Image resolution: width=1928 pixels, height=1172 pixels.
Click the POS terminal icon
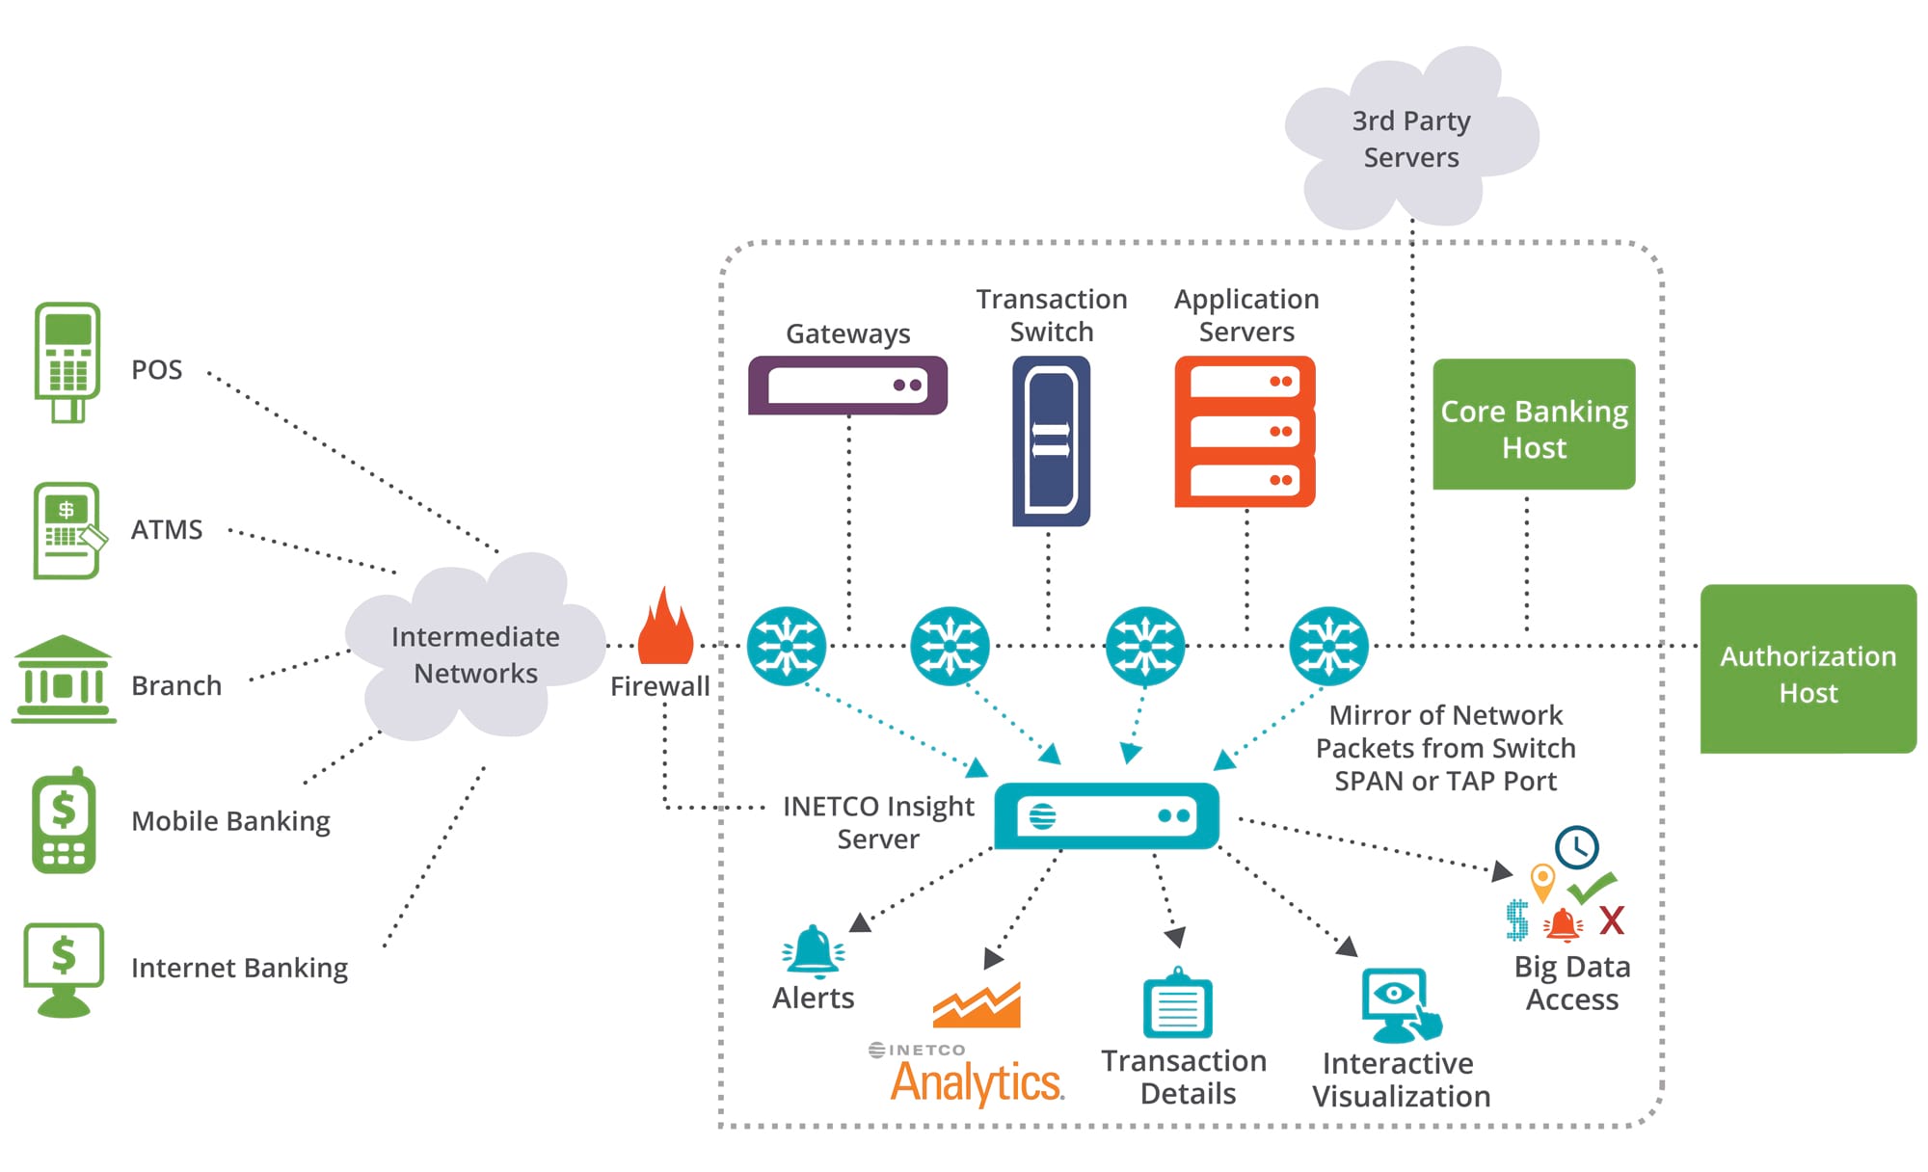67,361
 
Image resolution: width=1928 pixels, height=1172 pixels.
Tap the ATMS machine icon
67,530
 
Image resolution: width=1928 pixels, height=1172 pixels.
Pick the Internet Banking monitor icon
64,968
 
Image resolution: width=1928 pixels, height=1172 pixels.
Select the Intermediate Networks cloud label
475,654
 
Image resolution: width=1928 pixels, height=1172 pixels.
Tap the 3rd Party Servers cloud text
1410,139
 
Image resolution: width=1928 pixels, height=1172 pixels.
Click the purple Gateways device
847,386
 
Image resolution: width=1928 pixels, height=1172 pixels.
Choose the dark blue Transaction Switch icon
1051,440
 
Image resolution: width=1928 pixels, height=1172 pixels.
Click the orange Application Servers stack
1245,431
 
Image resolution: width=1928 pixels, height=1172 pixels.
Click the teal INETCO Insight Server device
1107,815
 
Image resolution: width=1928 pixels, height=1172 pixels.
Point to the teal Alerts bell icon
813,951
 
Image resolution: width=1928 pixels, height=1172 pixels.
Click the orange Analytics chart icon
977,1006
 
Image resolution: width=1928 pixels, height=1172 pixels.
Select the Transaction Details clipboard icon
1177,1004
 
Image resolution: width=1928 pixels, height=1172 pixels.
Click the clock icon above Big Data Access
1576,847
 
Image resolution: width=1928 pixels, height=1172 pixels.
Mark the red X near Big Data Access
1611,920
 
